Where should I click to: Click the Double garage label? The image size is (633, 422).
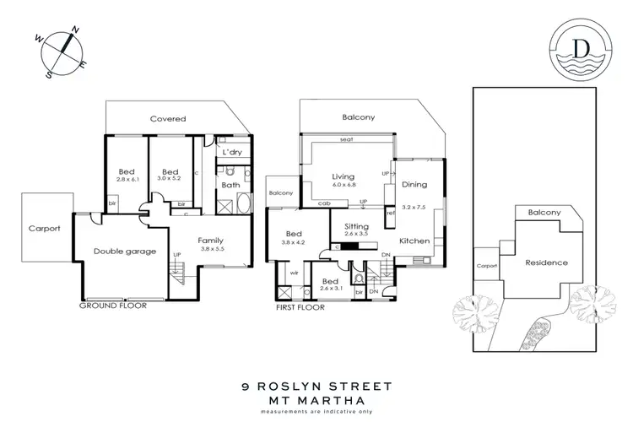124,251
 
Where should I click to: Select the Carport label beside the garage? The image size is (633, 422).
44,228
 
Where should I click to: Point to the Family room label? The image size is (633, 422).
211,240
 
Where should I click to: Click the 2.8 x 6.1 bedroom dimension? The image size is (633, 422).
125,178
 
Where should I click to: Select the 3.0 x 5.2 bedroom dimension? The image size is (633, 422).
171,178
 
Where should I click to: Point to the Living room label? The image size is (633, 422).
342,176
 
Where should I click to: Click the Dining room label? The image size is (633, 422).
414,184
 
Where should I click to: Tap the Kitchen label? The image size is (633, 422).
414,241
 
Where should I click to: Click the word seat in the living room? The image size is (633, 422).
345,139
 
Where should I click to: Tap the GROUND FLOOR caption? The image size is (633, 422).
114,306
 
